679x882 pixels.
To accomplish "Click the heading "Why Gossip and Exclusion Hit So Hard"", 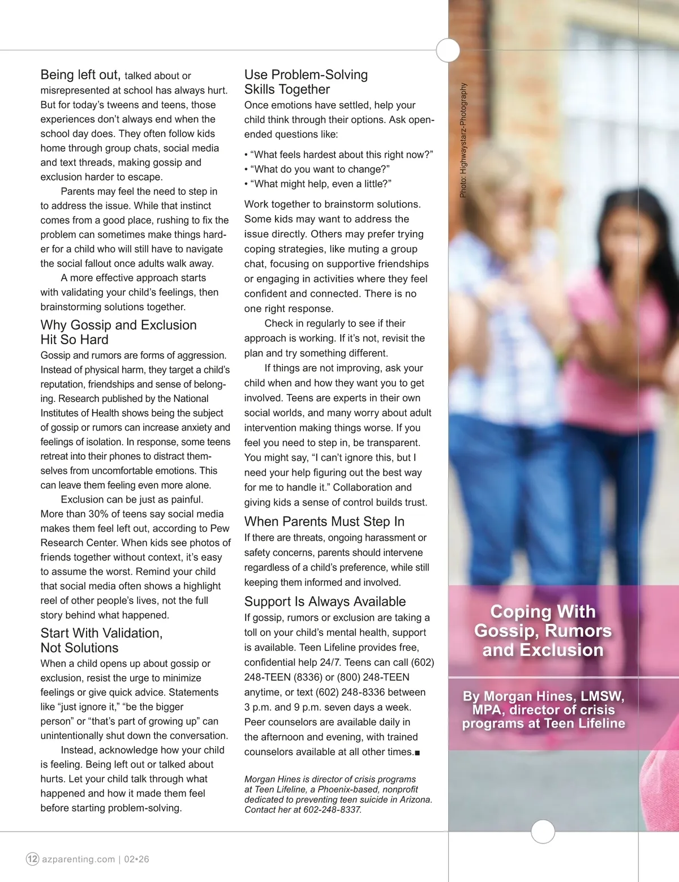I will [x=118, y=332].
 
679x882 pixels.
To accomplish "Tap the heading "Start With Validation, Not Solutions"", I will [x=101, y=640].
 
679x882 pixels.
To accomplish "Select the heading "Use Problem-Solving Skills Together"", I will [x=306, y=82].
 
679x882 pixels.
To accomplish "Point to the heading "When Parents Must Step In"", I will [x=324, y=521].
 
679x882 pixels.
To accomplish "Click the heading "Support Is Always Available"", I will [x=325, y=601].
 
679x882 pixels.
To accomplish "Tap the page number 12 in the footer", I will [x=33, y=859].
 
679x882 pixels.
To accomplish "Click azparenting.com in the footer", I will [x=78, y=859].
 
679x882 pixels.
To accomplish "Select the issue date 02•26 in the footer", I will [x=137, y=859].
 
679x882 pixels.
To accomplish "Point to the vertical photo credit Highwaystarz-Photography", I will [x=463, y=140].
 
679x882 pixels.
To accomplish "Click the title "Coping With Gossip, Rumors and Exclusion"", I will [x=543, y=631].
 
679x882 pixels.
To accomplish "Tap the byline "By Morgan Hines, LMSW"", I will [x=543, y=696].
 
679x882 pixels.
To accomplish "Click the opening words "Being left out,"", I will [x=80, y=75].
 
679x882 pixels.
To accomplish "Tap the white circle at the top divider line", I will [x=448, y=50].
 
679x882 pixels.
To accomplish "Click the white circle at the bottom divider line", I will [x=543, y=832].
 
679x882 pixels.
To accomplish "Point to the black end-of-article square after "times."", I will [x=418, y=753].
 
